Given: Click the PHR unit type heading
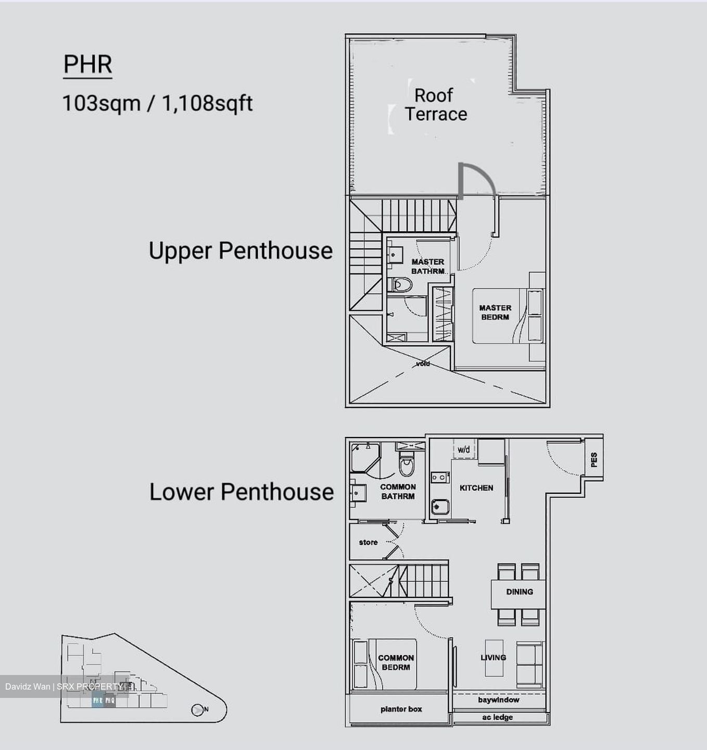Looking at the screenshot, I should point(87,65).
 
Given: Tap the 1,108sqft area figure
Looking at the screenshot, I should point(207,104).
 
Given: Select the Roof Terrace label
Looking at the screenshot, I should point(435,105).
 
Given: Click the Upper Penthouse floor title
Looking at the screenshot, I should point(241,251).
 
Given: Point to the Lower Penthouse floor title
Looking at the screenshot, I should point(242,492).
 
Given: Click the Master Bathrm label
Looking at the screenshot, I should point(428,266).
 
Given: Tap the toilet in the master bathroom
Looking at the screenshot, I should point(401,284).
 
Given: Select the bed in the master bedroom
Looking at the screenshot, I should point(508,316).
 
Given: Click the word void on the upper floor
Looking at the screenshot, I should point(423,364).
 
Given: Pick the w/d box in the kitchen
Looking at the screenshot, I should point(464,449).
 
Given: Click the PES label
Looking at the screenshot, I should point(594,459).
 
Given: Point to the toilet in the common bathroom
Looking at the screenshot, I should point(407,465).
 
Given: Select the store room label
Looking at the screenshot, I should point(368,542).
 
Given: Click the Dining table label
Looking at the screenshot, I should point(519,592).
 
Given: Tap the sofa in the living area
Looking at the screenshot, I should point(529,665).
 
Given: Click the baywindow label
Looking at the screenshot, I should point(498,700).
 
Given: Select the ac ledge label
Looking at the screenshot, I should point(497,718).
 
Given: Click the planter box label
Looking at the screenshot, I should point(401,709).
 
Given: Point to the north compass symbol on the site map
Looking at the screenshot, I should point(197,710).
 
